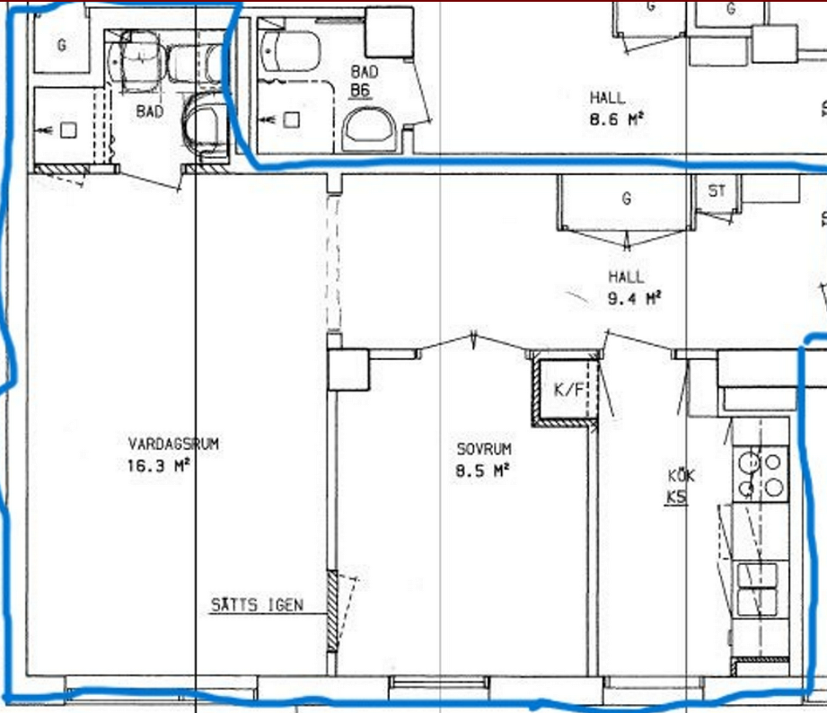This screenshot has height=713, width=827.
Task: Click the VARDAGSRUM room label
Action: [173, 444]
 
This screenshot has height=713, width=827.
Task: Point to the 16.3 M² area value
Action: [158, 466]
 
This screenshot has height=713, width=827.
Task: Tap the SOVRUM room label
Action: [484, 449]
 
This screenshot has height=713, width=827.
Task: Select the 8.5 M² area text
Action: [482, 471]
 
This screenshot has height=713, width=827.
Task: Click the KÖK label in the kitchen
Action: [682, 475]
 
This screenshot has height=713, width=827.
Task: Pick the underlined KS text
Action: [677, 497]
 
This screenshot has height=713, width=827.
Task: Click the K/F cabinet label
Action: [569, 390]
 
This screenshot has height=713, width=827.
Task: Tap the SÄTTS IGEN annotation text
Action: [258, 605]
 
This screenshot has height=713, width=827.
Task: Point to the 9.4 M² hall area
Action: [635, 298]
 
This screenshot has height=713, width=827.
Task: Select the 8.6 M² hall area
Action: [617, 119]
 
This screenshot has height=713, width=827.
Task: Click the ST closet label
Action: [717, 190]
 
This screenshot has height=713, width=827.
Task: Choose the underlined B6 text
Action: [360, 91]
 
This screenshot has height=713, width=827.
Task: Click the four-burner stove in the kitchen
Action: [761, 473]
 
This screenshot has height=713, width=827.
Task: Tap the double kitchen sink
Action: [757, 589]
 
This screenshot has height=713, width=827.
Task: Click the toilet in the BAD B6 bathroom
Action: [369, 129]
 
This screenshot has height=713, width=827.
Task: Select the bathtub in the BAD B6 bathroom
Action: [289, 50]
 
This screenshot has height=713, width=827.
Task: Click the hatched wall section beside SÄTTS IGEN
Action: [332, 612]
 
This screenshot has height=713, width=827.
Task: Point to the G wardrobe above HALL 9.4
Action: [626, 203]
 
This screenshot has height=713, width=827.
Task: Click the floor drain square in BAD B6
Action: [292, 120]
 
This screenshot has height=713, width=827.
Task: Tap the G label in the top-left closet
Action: [62, 46]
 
